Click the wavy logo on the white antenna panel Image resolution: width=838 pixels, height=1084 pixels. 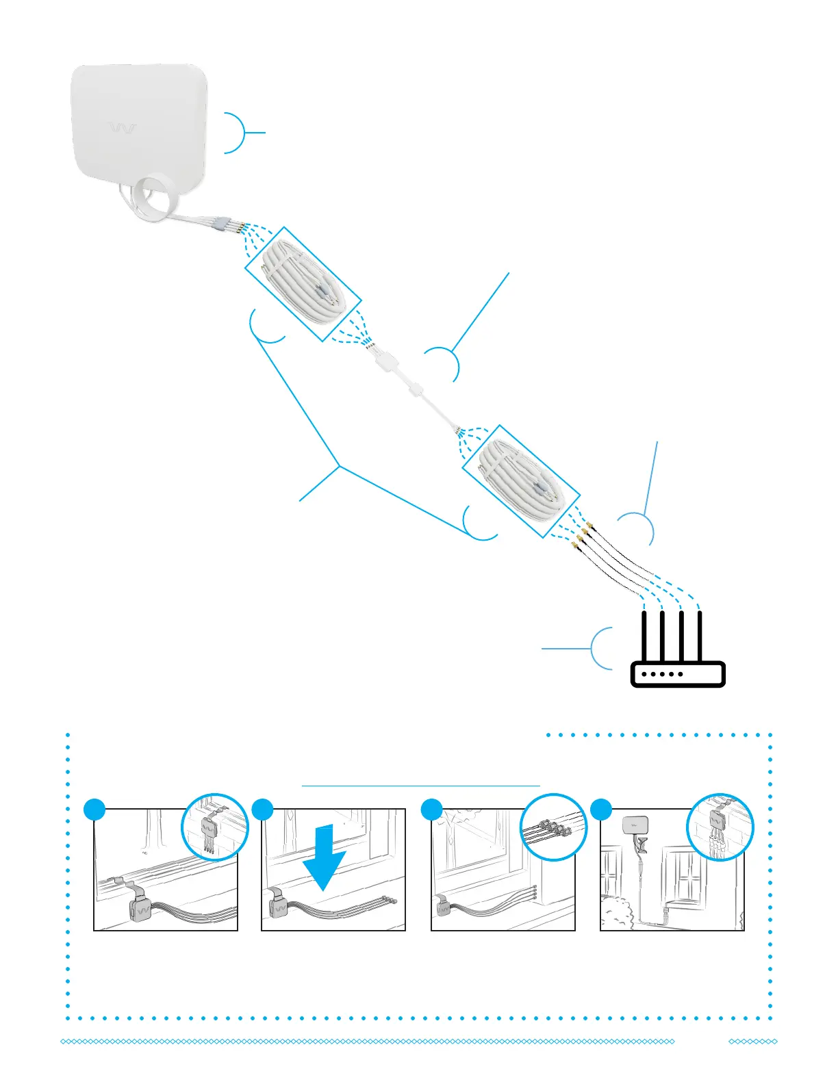point(123,129)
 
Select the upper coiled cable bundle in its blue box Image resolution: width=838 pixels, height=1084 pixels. point(303,284)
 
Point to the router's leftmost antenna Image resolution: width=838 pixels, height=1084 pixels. point(644,636)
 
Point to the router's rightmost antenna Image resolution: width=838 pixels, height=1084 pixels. point(700,636)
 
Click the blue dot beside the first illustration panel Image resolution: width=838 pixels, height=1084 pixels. point(94,809)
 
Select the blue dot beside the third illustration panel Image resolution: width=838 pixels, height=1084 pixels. point(431,809)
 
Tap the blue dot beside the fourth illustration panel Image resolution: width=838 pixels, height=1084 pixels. point(600,809)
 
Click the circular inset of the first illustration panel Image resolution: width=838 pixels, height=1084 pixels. point(214,828)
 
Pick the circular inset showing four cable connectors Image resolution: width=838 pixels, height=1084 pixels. point(553,828)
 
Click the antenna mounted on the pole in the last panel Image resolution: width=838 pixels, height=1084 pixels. point(635,825)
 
